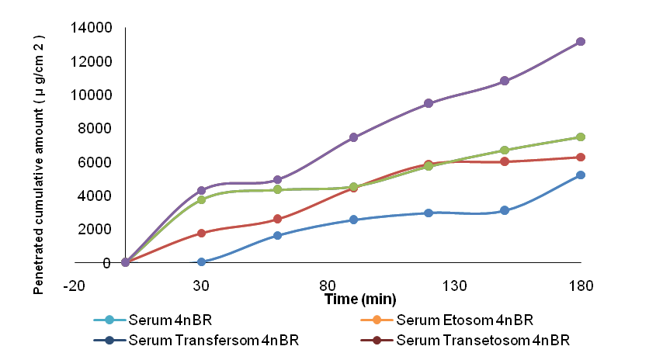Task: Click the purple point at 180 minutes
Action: click(580, 42)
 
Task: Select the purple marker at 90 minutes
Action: click(353, 137)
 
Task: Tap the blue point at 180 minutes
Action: click(580, 175)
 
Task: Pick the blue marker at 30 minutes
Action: click(202, 262)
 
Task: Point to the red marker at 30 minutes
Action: click(202, 233)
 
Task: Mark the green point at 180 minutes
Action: click(580, 137)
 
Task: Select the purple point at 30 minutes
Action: click(202, 190)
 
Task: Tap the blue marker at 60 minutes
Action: click(278, 235)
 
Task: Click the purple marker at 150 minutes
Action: click(505, 81)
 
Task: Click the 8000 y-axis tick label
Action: click(95, 129)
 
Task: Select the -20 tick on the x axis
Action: click(75, 286)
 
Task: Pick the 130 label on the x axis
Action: click(455, 286)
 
